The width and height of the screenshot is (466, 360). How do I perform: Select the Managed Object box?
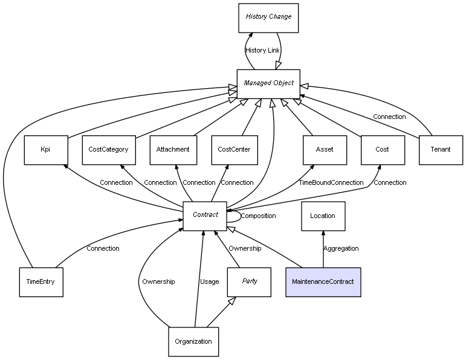pos(268,83)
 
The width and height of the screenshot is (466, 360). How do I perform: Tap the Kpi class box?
pos(45,150)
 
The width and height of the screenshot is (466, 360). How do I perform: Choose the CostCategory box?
pos(108,150)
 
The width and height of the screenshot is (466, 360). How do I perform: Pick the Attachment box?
pos(173,150)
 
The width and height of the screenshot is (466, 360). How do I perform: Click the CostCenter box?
pos(234,150)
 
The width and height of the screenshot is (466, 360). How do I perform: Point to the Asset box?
pos(325,150)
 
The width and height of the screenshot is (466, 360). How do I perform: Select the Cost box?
pos(383,150)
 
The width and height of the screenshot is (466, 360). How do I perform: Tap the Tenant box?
pos(441,150)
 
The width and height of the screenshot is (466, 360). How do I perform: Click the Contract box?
pos(205,216)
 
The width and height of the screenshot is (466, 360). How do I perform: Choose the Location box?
pos(323,216)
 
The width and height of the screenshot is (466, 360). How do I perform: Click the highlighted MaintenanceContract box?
pos(323,282)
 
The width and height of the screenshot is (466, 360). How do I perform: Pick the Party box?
pos(249,282)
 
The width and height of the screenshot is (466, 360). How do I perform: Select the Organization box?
pos(193,341)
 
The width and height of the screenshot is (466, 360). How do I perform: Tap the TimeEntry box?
pos(41,282)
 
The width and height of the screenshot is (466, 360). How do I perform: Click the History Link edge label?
pos(263,50)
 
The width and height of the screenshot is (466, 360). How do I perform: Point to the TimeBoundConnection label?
pos(331,182)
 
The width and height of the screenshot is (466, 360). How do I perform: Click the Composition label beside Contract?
pos(258,216)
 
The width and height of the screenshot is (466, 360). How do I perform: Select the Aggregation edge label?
pos(341,248)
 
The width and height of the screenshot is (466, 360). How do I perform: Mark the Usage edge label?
pos(210,281)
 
